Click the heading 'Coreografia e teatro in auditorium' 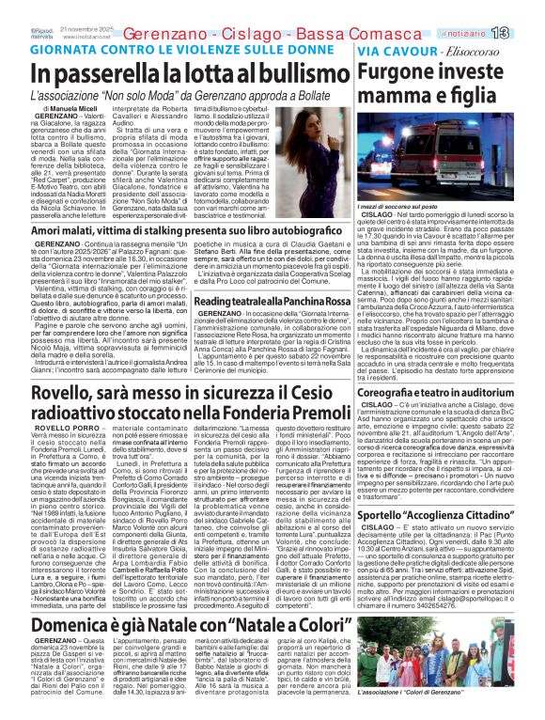(444, 391)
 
